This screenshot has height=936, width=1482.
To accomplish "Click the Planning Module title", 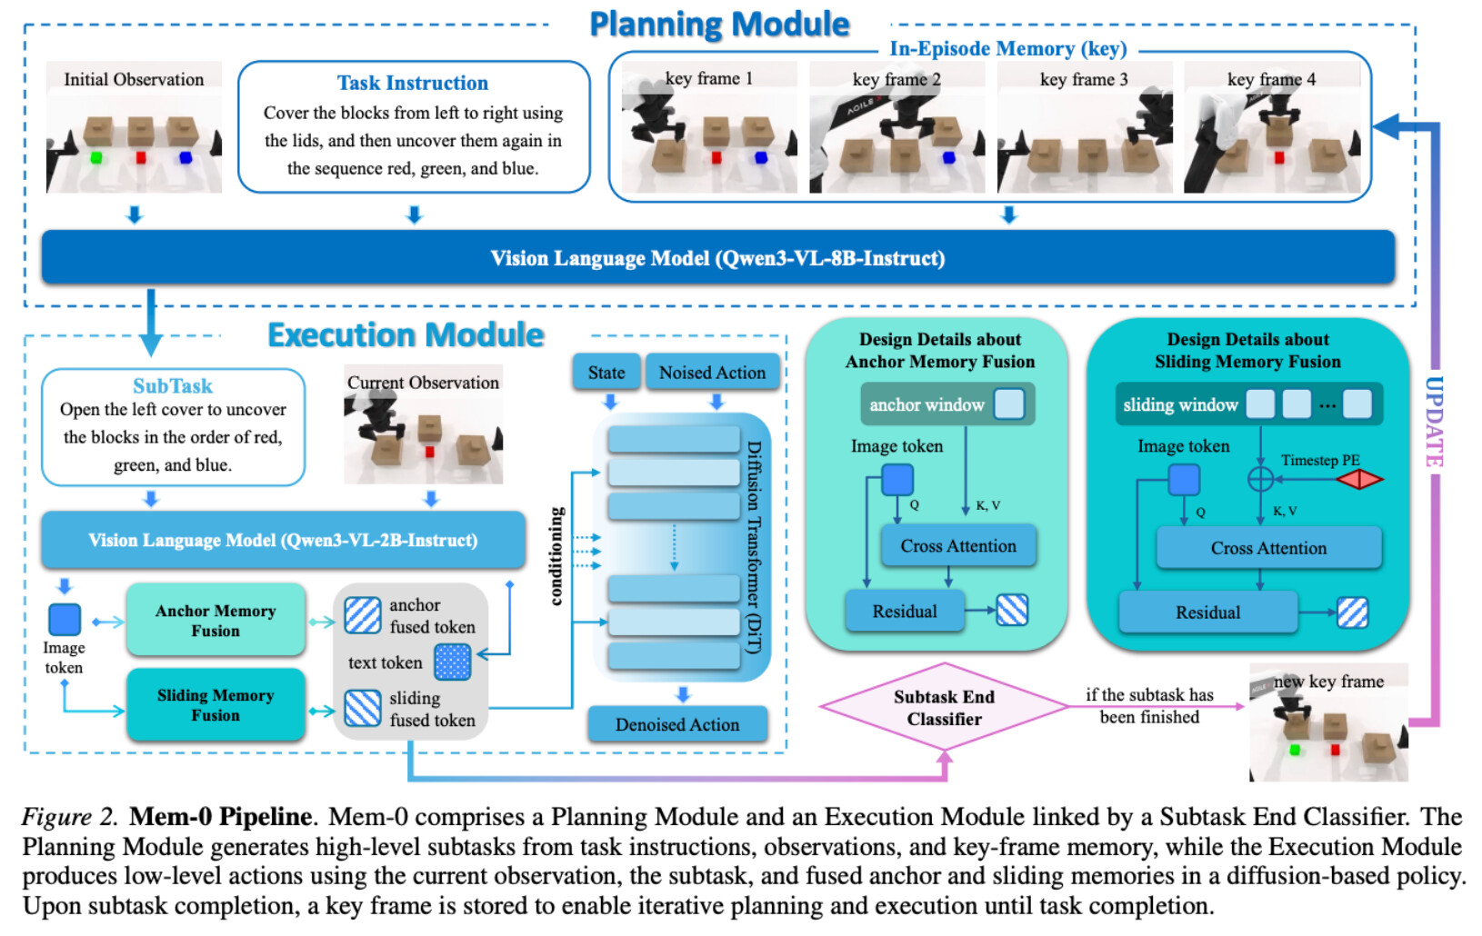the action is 719,25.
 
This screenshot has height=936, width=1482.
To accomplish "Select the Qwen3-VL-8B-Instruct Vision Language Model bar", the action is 718,257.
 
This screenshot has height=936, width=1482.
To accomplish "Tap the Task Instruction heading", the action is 413,83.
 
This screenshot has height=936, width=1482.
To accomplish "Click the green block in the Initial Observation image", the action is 96,158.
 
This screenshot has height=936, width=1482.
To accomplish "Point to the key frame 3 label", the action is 1084,79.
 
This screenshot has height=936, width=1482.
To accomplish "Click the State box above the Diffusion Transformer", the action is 606,373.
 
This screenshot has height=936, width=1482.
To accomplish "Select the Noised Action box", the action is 713,373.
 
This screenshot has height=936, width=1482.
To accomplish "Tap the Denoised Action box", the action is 677,724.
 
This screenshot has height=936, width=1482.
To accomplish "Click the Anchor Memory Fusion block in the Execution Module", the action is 215,620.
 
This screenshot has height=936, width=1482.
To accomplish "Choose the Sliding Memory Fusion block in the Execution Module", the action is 215,704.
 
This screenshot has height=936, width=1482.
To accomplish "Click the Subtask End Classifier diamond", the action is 944,706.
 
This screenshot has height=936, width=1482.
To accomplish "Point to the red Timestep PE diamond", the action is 1359,479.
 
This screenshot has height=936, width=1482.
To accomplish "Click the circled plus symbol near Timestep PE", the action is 1260,479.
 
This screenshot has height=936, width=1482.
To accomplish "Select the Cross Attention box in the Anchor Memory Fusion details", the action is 958,546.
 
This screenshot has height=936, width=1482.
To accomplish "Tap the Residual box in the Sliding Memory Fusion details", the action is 1207,612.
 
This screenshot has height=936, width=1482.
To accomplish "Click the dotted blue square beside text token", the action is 453,662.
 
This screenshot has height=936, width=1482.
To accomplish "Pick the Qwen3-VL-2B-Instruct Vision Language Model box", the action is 283,540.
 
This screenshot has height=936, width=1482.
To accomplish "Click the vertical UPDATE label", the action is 1433,422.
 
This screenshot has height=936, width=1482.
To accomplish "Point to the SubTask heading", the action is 173,385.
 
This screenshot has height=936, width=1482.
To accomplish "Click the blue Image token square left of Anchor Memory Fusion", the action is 65,620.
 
